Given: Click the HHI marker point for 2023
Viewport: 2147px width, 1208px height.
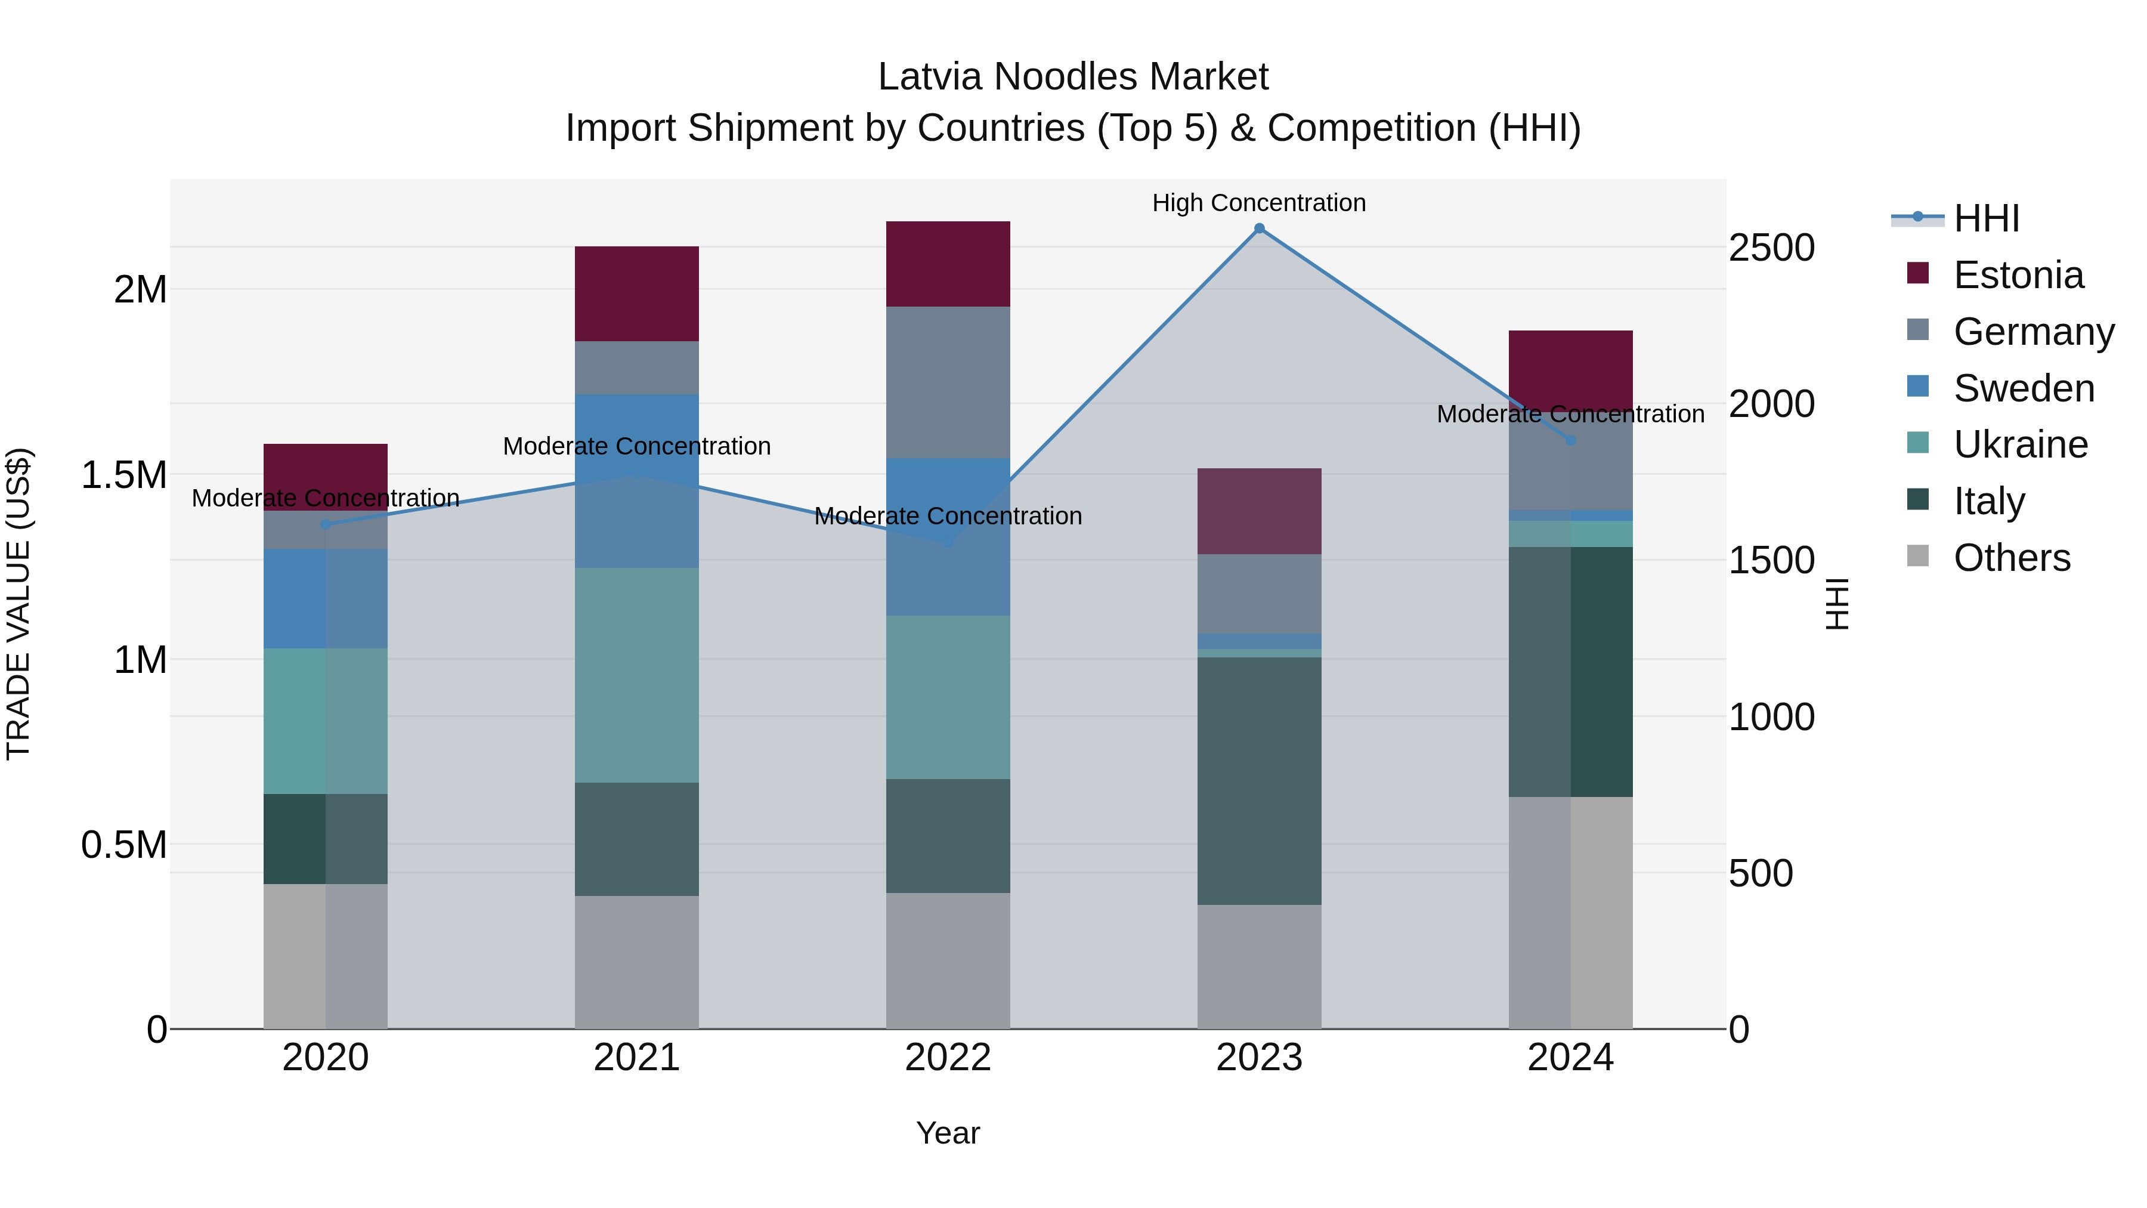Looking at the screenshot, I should tap(1260, 228).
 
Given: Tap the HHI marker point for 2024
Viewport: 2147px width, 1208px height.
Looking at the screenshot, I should tap(1570, 440).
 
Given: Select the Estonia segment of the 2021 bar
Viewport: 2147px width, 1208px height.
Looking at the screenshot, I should tap(637, 293).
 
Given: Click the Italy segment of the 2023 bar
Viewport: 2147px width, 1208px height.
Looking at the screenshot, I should tap(1260, 780).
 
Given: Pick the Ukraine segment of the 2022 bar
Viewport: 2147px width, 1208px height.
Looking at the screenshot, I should tap(948, 697).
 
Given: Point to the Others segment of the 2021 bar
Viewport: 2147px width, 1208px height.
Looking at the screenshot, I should tap(637, 962).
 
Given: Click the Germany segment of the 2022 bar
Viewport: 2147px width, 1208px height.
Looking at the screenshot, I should tap(948, 382).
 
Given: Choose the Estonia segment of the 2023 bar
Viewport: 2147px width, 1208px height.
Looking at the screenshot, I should tap(1260, 511).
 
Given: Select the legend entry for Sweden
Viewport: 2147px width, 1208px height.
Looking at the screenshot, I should tap(2023, 388).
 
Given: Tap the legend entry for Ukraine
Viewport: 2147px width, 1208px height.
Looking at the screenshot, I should tap(2021, 444).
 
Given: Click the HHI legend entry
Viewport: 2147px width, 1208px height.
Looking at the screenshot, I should tap(1986, 218).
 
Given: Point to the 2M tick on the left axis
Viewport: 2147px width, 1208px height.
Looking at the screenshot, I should tap(140, 290).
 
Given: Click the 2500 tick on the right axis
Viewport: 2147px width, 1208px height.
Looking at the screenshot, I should tap(1771, 248).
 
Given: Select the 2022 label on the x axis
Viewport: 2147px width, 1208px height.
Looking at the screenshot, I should tap(948, 1058).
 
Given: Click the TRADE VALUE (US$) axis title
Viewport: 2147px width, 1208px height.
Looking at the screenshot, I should tap(18, 604).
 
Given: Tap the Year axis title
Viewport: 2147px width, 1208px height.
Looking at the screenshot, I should tap(948, 1133).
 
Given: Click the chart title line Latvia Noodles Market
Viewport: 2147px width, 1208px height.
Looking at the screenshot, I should tap(1073, 77).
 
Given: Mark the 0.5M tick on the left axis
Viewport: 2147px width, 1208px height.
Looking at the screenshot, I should tap(124, 845).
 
